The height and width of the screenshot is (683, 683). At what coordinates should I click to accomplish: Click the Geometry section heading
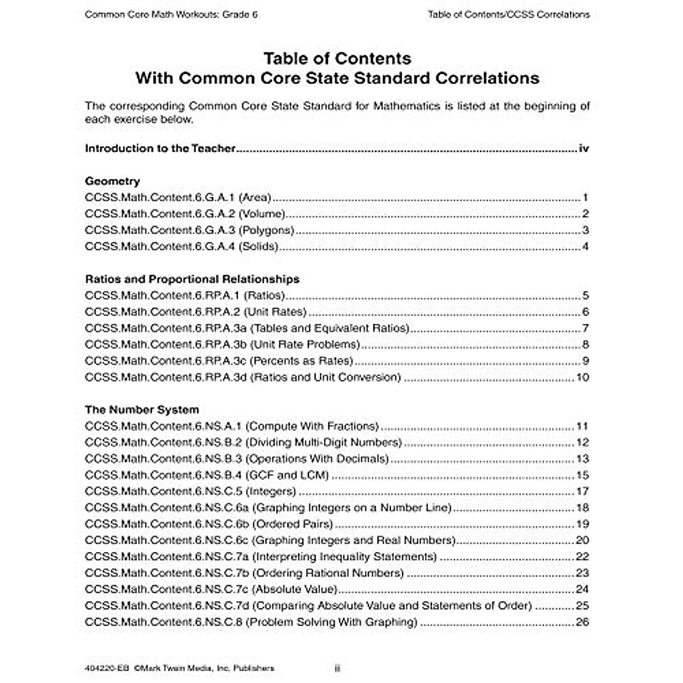click(112, 182)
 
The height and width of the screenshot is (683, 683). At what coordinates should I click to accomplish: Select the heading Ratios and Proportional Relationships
click(192, 279)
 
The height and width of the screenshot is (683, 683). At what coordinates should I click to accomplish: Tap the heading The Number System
click(142, 410)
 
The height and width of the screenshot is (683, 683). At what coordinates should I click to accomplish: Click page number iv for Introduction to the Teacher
click(583, 149)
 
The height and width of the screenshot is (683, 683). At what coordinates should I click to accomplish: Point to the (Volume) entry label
click(262, 214)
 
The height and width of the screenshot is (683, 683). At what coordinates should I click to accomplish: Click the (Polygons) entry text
click(266, 231)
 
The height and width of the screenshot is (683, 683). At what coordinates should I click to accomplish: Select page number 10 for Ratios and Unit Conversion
click(582, 377)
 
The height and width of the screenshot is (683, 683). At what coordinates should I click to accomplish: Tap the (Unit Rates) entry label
click(278, 312)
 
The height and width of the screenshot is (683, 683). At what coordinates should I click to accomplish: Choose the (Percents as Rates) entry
click(302, 361)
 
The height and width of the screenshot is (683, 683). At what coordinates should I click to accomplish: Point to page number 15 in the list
click(582, 475)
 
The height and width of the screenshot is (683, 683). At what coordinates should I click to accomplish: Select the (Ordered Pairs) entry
click(292, 524)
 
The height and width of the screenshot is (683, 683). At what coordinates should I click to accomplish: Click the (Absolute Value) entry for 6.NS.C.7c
click(294, 590)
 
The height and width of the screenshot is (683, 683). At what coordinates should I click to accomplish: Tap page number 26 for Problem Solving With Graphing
click(582, 622)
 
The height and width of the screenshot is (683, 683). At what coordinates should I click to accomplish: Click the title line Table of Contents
click(337, 58)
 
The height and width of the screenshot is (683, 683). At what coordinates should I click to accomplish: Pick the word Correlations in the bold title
click(484, 77)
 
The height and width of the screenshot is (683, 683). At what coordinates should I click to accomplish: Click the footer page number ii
click(337, 669)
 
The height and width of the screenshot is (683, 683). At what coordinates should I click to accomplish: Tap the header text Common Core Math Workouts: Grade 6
click(171, 15)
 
